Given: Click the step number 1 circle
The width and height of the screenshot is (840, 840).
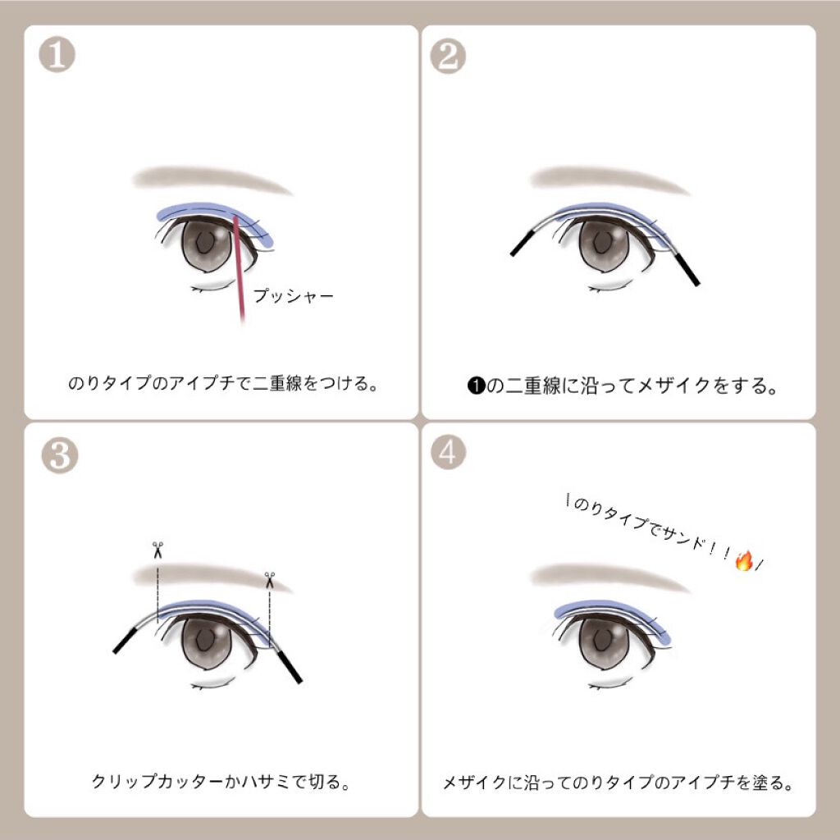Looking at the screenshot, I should [x=57, y=55].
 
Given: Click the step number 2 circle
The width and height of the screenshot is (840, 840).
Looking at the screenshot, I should [x=448, y=56].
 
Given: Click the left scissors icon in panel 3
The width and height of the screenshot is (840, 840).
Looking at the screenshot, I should [x=157, y=549].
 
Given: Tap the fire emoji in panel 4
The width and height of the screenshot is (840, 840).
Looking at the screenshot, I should [x=743, y=562].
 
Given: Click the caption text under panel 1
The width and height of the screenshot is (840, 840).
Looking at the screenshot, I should [x=221, y=383].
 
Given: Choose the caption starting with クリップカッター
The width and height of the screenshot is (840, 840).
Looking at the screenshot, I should [x=221, y=782].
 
